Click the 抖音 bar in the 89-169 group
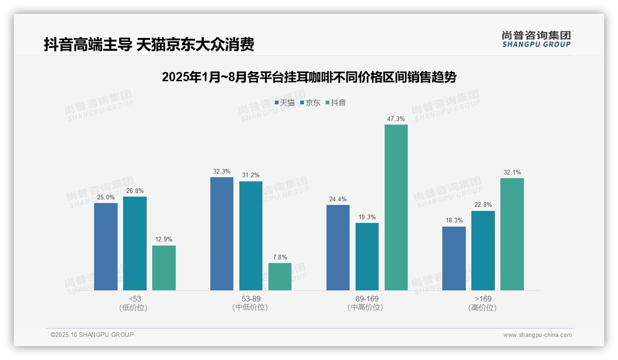point(396,208)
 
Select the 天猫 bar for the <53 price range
point(106,246)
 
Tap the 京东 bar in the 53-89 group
point(251,236)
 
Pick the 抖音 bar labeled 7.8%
point(280,276)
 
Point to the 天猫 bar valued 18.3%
point(454,258)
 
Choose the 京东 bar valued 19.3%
point(367,257)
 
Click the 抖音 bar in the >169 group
point(512,234)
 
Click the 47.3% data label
point(396,119)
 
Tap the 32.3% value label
point(222,171)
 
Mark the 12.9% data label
point(164,239)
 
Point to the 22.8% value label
point(483,204)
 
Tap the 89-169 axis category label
point(367,299)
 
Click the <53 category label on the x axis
point(135,299)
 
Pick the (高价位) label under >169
point(482,308)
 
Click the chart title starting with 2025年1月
point(309,77)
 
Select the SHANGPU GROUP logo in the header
point(536,39)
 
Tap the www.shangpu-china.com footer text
point(537,335)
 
